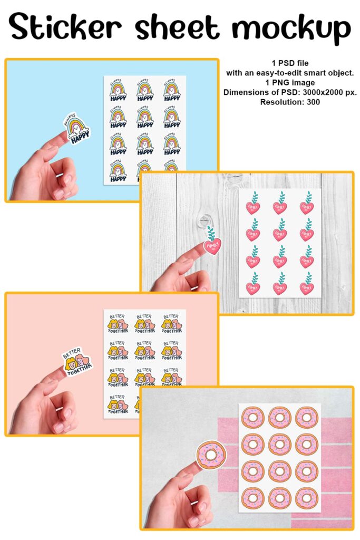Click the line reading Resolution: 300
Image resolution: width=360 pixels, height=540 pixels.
(291, 101)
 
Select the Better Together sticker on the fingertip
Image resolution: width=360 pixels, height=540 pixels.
(78, 362)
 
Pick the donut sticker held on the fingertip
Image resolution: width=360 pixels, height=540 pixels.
(209, 455)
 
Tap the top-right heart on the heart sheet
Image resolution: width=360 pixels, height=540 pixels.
(307, 203)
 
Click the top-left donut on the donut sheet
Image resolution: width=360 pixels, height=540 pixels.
(252, 418)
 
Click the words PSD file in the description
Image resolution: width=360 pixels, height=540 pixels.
(297, 63)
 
